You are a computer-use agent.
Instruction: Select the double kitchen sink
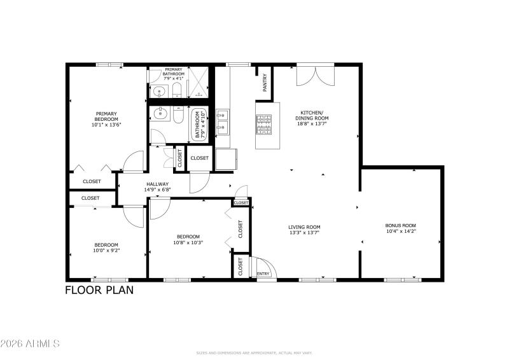coord(223,121)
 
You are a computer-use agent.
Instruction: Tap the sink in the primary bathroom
coord(159,91)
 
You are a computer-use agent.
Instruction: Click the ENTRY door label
coord(262,274)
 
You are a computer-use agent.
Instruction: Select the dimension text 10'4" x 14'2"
coord(400,232)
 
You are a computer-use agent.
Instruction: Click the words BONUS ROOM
coord(400,225)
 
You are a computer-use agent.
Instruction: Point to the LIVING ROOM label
coord(304,226)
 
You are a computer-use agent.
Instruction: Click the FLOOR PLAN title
coord(99,290)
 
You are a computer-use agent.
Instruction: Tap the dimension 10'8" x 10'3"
coord(188,242)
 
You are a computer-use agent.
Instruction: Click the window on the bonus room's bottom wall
coord(402,280)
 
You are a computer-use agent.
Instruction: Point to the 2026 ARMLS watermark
coord(31,343)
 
